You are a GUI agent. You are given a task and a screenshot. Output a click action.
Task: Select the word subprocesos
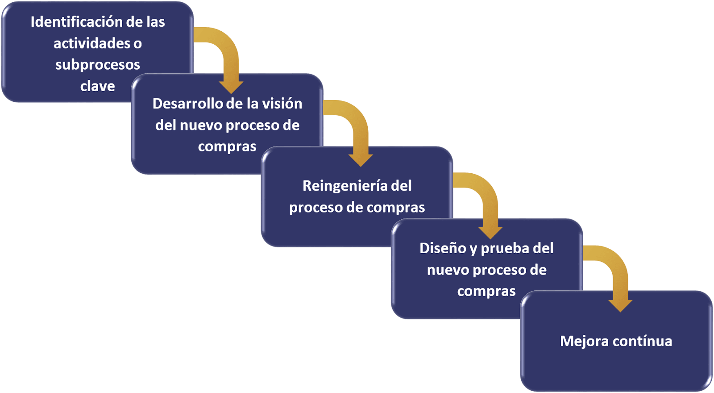point(98,65)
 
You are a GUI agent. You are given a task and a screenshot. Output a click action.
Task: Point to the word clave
point(98,86)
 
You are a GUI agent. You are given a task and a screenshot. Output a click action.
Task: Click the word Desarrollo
point(187,104)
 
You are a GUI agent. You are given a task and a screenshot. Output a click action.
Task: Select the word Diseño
point(443,248)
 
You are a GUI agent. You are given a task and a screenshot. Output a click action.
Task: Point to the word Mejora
point(584,341)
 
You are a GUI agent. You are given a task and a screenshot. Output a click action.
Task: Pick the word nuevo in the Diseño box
point(448,270)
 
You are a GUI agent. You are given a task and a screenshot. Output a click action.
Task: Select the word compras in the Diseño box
point(486,291)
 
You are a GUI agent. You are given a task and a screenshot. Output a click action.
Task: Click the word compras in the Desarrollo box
point(227,147)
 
